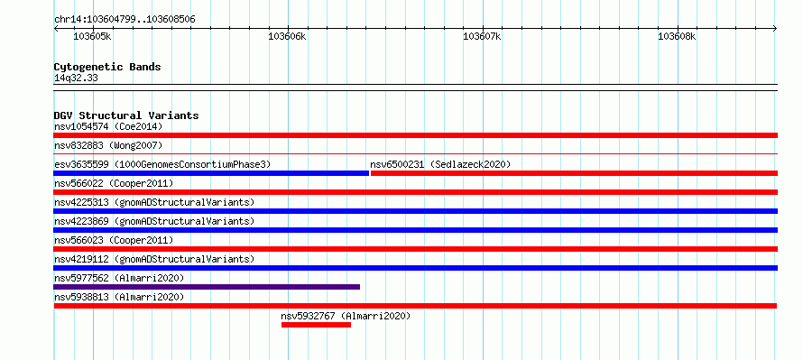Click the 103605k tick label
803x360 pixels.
click(93, 36)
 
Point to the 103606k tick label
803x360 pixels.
click(287, 36)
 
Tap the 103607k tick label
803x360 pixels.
click(482, 36)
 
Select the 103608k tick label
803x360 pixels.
click(677, 36)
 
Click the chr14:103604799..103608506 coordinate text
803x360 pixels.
click(125, 20)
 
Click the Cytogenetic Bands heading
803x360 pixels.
click(107, 67)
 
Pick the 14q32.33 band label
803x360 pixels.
click(76, 78)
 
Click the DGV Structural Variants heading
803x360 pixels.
click(126, 115)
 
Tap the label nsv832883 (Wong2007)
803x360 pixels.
click(108, 145)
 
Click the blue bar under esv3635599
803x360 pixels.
click(211, 173)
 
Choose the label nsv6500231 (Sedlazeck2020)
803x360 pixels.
click(440, 164)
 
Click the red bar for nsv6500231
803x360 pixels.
click(574, 173)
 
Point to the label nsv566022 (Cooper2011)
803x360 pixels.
click(114, 183)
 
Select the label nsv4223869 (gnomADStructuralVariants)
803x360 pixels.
click(154, 221)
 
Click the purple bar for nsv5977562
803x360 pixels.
click(207, 287)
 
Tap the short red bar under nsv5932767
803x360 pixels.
click(316, 325)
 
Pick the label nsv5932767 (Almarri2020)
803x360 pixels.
click(346, 316)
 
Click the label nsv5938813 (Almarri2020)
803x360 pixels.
click(119, 297)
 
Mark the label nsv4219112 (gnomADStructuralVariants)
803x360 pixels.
click(154, 259)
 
